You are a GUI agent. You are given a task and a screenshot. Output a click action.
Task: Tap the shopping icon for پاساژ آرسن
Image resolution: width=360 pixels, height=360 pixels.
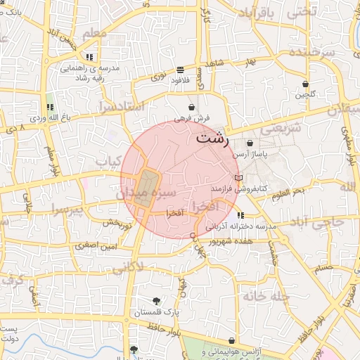coord(250,143)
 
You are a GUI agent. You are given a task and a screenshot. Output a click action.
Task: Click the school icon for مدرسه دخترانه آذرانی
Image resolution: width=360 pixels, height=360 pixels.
coord(241,215)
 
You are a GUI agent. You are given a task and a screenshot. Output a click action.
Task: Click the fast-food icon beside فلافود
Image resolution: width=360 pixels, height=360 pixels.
coord(181,70)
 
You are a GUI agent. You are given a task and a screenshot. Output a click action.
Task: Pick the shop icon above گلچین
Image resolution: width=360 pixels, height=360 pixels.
coord(305,83)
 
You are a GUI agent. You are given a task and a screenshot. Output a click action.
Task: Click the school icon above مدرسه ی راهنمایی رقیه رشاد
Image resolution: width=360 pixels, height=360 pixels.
coord(89,57)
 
